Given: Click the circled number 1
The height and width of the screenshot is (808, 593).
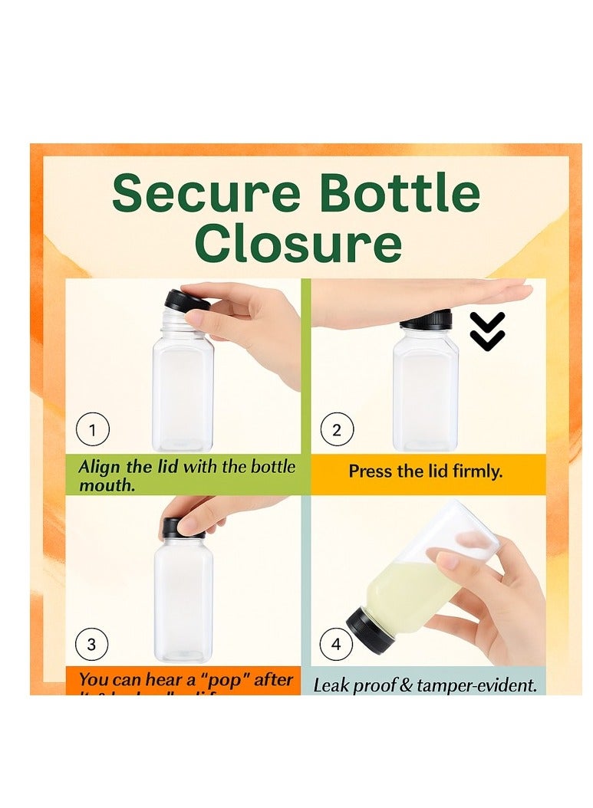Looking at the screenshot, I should (93, 430).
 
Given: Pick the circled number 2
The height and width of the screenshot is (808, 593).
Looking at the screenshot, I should (336, 430).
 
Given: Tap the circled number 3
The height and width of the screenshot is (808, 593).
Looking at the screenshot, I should (92, 644).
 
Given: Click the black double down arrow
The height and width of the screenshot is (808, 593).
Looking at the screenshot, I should (487, 331).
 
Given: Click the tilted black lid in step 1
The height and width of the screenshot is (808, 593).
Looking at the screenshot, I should (186, 301).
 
